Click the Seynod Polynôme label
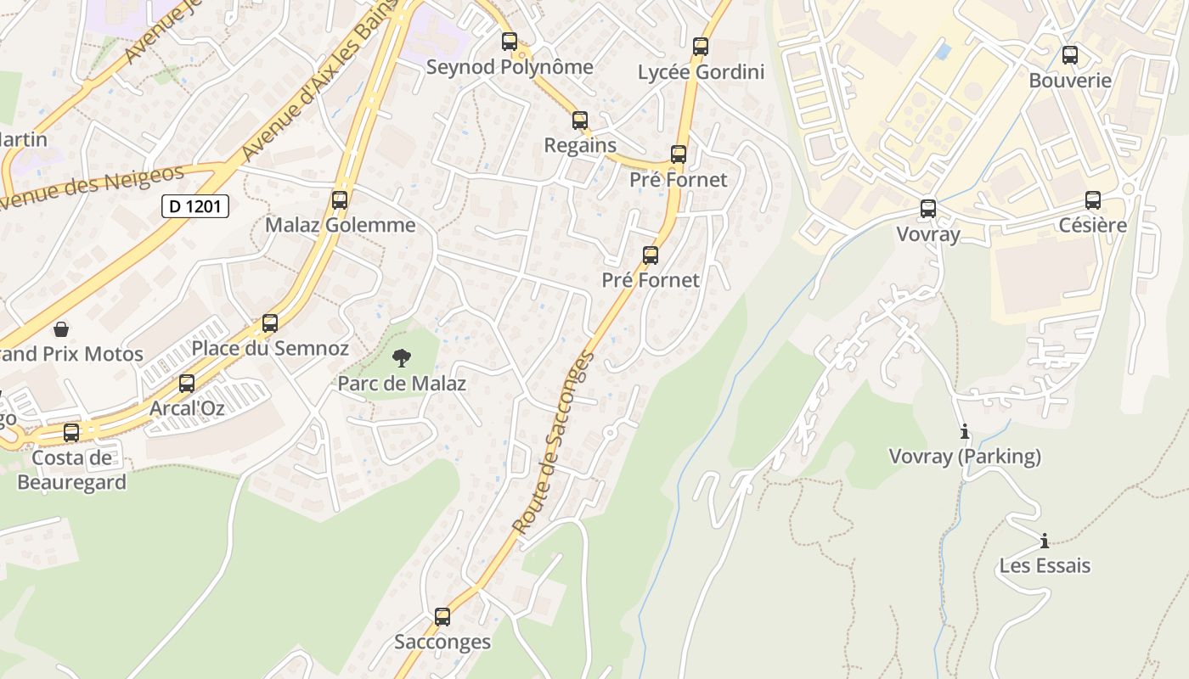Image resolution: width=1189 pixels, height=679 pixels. (x=510, y=66)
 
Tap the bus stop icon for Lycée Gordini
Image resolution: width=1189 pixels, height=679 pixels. (x=701, y=47)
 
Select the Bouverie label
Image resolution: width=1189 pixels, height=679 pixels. (x=1069, y=81)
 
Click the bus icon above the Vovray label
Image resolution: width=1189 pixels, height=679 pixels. (x=928, y=208)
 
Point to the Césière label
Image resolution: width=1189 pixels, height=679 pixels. (x=1092, y=225)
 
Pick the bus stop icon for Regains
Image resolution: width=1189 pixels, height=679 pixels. (x=580, y=121)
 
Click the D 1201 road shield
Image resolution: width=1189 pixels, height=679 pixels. (x=195, y=205)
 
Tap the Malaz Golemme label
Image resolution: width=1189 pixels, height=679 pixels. (x=340, y=225)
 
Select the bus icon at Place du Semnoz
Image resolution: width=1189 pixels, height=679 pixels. (x=270, y=323)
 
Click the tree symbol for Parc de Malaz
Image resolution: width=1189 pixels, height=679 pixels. (x=402, y=358)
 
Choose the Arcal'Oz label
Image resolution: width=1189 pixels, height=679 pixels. (x=187, y=408)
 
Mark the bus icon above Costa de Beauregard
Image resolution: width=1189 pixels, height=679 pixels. (x=71, y=433)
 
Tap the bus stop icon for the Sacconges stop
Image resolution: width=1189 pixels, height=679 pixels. (x=442, y=617)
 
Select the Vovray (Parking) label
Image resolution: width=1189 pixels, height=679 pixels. (x=964, y=457)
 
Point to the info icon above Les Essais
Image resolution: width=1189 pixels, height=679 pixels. (x=1045, y=541)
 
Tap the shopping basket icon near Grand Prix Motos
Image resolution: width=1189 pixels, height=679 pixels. (x=61, y=328)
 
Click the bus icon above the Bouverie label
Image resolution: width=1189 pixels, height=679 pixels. (x=1070, y=55)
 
